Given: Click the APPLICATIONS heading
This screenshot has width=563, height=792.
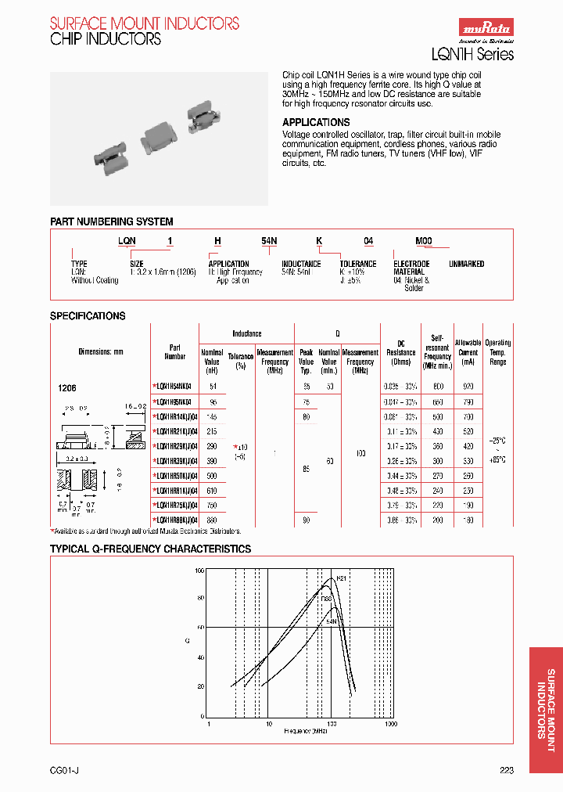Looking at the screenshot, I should (x=315, y=123).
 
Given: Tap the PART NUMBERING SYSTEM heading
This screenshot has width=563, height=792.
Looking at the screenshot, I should (x=112, y=221).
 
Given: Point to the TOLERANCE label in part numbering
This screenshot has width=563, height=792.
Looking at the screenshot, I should (x=357, y=264).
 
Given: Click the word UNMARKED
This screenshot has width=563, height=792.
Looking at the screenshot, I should (x=466, y=264).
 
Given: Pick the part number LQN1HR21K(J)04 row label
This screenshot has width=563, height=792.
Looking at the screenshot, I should (x=176, y=431).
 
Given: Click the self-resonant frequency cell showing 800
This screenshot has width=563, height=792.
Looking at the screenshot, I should (x=438, y=386).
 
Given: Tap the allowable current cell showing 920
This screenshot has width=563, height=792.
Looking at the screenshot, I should (x=468, y=386).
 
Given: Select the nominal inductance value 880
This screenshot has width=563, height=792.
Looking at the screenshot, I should (x=212, y=520).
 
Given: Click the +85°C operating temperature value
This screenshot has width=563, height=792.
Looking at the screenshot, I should (x=497, y=459).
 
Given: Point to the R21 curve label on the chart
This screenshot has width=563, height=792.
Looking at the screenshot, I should (x=341, y=578).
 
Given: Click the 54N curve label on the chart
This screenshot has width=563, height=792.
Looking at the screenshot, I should (x=331, y=621).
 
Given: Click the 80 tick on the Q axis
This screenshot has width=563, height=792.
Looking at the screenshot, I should (x=201, y=598).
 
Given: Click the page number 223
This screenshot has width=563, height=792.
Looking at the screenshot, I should (x=507, y=770).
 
